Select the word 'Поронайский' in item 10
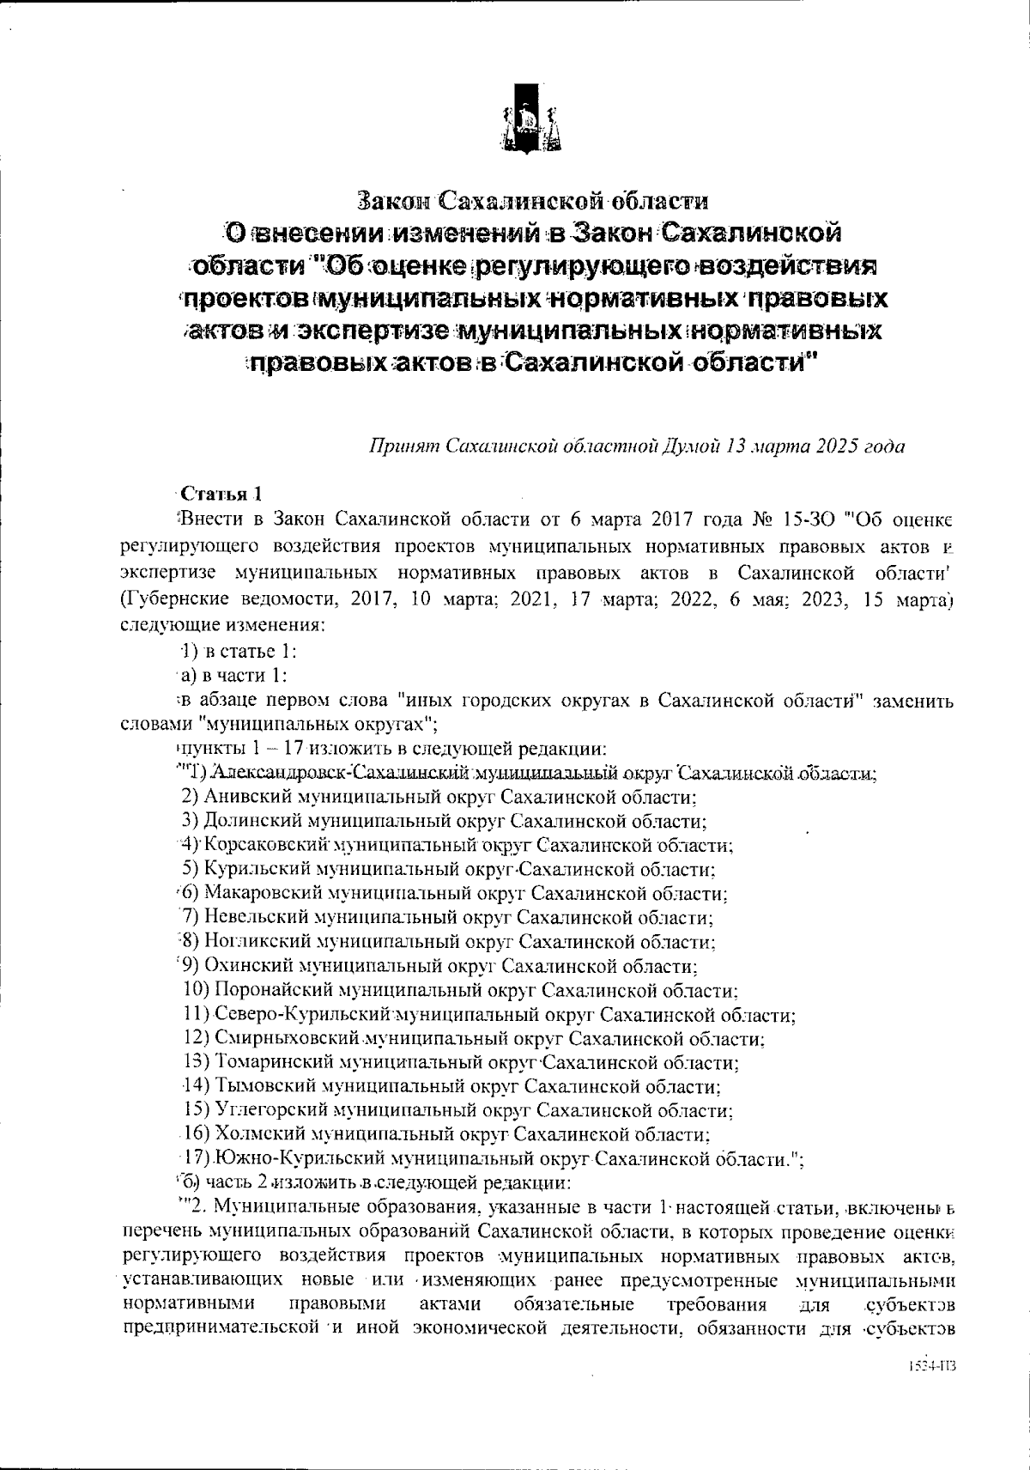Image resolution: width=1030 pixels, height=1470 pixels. [x=275, y=991]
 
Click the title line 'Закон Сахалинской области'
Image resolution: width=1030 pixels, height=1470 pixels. [x=533, y=203]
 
